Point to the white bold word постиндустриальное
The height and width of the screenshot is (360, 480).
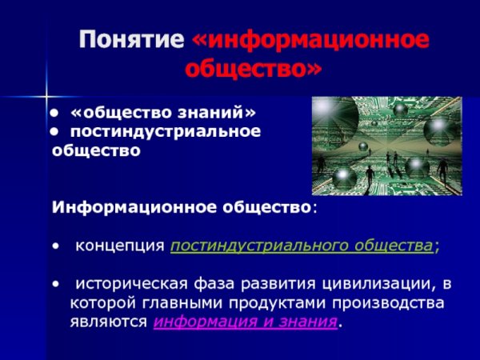166,130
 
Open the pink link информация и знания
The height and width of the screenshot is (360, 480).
244,322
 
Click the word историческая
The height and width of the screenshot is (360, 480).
120,284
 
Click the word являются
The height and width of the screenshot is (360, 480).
109,322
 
